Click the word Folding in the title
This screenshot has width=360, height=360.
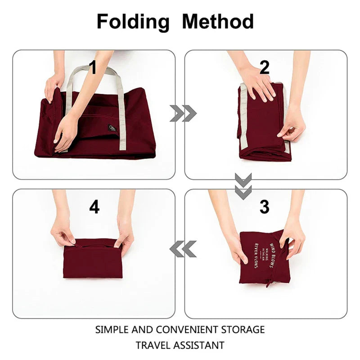click(x=133, y=22)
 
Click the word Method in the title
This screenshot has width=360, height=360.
click(x=218, y=21)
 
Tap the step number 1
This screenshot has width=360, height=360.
click(x=93, y=67)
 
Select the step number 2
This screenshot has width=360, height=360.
click(x=265, y=67)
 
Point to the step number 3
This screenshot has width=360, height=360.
click(x=265, y=207)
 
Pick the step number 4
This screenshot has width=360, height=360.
click(x=94, y=207)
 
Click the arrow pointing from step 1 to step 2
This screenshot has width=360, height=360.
click(x=183, y=113)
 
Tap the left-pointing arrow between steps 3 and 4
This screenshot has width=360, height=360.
click(x=183, y=249)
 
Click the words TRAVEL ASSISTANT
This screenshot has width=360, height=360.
click(x=180, y=346)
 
